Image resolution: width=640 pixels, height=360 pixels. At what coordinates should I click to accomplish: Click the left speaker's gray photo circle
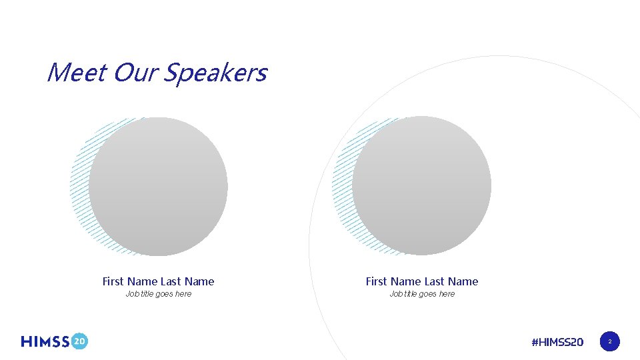pos(159,187)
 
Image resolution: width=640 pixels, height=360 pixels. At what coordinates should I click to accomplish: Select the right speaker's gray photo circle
pos(422,186)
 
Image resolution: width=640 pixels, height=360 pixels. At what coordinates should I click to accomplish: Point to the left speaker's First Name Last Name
pos(159,281)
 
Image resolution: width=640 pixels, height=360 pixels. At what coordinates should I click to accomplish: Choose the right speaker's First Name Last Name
pos(422,281)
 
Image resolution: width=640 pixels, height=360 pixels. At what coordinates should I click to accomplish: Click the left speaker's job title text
pos(159,294)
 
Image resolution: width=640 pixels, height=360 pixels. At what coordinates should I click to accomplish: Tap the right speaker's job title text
pos(422,294)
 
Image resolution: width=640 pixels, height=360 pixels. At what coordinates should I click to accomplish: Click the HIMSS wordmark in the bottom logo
pos(45,341)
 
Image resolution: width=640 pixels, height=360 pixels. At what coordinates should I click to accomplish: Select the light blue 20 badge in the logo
pos(79,341)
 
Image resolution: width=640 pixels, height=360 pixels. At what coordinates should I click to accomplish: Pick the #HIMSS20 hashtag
pos(557,342)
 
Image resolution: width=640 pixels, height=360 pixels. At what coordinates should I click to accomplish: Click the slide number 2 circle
pos(609,342)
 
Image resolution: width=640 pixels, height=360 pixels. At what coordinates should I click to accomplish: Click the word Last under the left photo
pos(172,281)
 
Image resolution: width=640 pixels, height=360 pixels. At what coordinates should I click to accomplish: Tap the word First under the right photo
pos(377,281)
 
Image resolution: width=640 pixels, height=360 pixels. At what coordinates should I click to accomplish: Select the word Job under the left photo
pos(133,294)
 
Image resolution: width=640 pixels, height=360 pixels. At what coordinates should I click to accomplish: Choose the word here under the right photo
pos(447,294)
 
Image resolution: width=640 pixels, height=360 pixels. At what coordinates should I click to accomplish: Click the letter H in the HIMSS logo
pos(27,341)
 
